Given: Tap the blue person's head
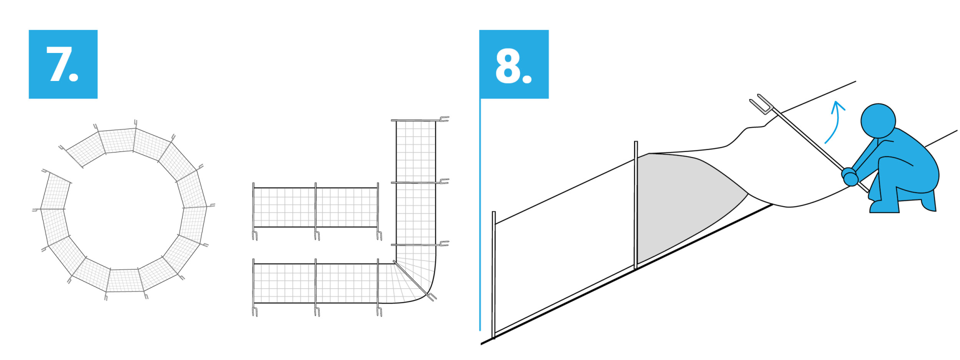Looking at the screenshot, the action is click(x=878, y=120).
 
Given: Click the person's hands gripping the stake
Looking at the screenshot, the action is click(x=850, y=176).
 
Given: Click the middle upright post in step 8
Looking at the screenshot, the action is click(x=635, y=205).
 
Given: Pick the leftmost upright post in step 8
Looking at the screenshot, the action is click(x=494, y=274).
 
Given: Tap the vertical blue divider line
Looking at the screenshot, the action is click(x=480, y=214).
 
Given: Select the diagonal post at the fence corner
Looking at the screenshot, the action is click(x=414, y=280).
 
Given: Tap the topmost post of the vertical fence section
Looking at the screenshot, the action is click(x=419, y=120).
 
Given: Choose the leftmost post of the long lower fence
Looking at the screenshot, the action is click(x=254, y=287).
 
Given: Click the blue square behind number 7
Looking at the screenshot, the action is click(x=63, y=64).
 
